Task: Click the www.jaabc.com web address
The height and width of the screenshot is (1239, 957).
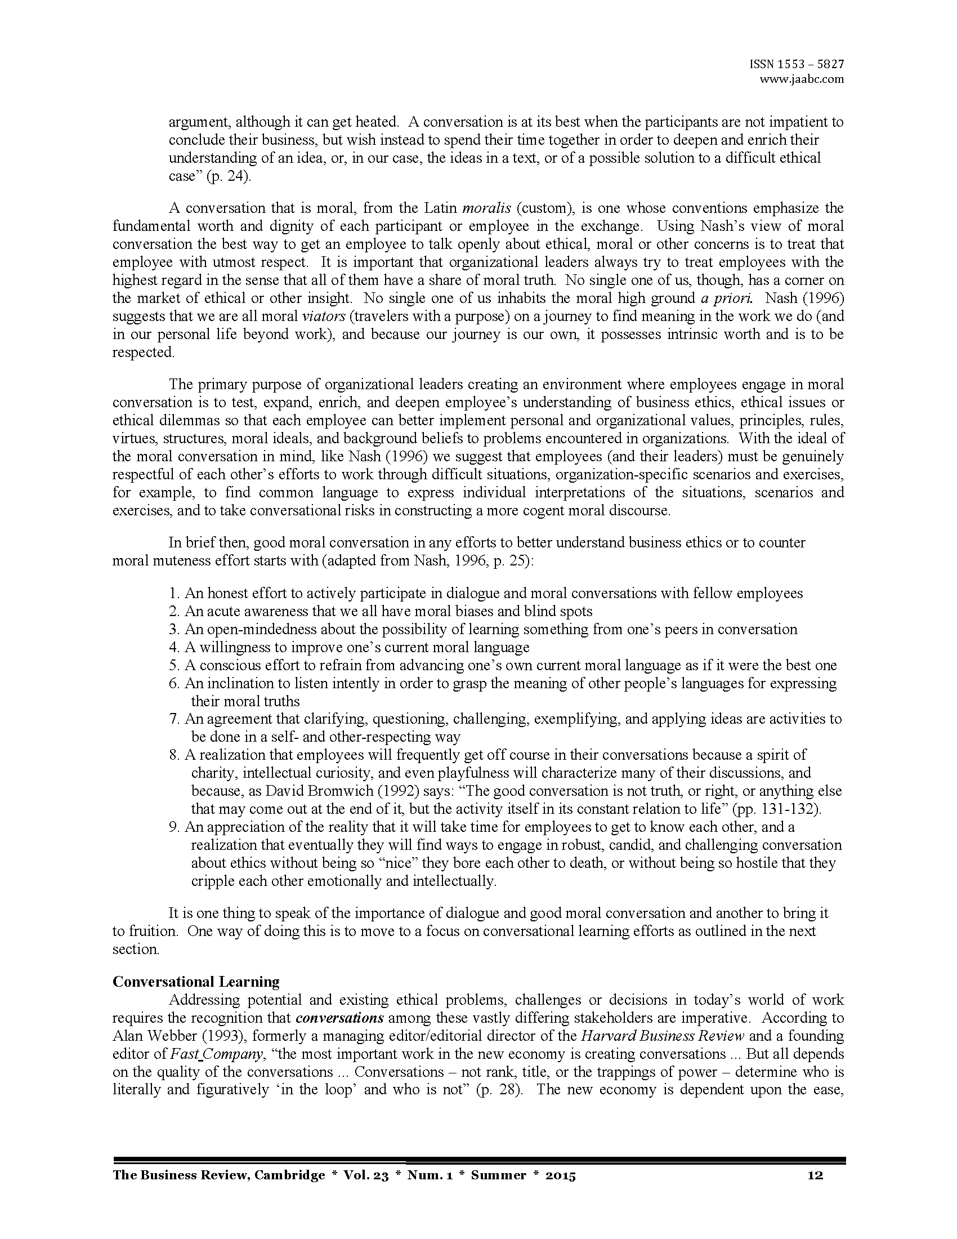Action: [801, 79]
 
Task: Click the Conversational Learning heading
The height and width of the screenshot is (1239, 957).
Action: [195, 982]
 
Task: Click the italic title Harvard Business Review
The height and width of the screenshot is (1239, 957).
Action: [662, 1036]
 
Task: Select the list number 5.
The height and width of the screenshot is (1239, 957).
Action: [173, 666]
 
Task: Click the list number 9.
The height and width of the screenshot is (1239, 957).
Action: [173, 827]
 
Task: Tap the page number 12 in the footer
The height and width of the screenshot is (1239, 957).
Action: [815, 1175]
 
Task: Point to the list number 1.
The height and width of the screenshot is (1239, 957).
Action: [173, 594]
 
